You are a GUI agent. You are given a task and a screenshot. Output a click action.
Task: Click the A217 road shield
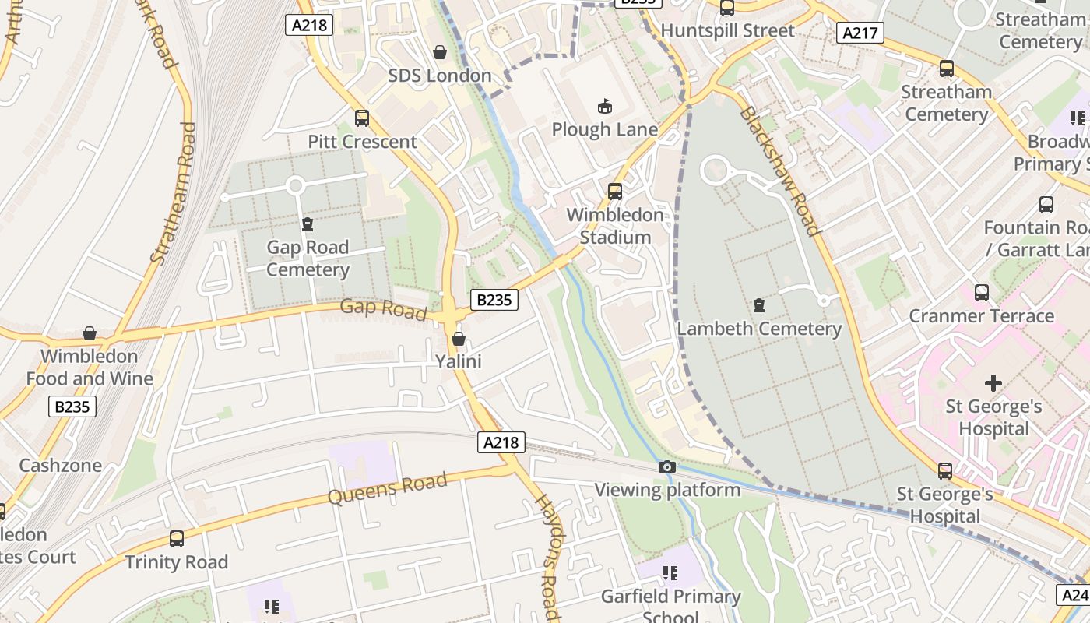[860, 33]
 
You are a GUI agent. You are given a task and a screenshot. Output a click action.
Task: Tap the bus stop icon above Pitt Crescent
[362, 118]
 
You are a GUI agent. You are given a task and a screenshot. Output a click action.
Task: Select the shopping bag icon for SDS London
[440, 52]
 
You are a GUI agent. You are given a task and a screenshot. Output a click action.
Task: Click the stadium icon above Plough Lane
[604, 106]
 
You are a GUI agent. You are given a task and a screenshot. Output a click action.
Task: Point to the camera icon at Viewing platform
[667, 466]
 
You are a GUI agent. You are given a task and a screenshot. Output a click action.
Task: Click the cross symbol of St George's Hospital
[993, 382]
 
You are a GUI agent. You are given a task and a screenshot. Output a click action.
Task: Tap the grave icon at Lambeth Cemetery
[759, 304]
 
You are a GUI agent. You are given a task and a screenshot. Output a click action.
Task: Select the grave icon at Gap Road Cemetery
[308, 224]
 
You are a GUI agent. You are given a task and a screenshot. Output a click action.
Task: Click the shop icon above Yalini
[459, 339]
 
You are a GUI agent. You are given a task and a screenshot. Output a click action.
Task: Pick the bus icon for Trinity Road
[177, 538]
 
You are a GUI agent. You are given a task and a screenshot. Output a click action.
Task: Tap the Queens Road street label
[388, 488]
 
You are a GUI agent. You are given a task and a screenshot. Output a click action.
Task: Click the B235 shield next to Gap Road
[494, 299]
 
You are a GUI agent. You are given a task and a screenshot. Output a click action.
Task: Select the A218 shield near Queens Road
[501, 442]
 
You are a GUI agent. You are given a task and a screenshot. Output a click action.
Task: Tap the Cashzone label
[60, 466]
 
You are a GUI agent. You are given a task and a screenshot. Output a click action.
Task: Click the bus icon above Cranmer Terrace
[982, 293]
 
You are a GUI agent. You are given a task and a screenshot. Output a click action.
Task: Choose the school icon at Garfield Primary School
[670, 573]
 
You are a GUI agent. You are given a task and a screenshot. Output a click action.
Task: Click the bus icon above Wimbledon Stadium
[615, 191]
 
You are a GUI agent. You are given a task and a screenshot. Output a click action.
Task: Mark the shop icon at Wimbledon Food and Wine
[90, 333]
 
